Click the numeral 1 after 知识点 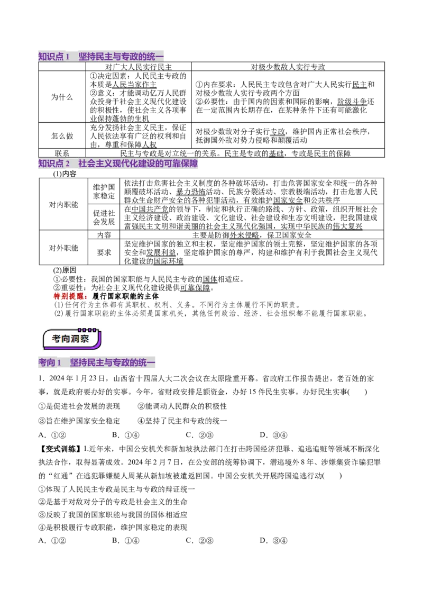[x=68, y=57]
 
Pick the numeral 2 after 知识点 [x=68, y=164]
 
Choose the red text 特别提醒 [x=71, y=297]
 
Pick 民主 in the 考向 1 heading [x=96, y=363]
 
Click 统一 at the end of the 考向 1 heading [x=148, y=363]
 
